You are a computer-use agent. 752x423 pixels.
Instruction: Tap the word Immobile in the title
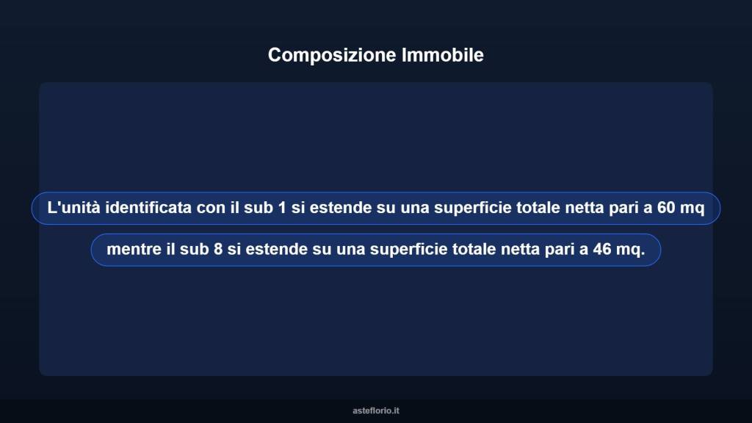(x=443, y=55)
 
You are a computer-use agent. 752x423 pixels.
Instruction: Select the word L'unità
(x=73, y=209)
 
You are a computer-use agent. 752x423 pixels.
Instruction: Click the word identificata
(x=148, y=209)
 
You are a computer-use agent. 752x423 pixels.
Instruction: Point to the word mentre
(x=133, y=250)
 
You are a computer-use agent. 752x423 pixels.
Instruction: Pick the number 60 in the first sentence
(x=666, y=209)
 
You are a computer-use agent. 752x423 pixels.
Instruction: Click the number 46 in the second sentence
(x=602, y=250)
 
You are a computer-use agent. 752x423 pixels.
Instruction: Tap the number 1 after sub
(x=282, y=209)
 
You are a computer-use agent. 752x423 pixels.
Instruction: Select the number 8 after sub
(x=218, y=250)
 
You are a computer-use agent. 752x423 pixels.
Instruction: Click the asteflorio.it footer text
(x=376, y=411)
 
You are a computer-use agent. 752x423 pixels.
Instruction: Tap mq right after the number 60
(x=692, y=209)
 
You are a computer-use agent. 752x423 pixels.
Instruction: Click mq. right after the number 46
(x=630, y=250)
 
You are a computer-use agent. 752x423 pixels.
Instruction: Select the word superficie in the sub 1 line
(x=470, y=209)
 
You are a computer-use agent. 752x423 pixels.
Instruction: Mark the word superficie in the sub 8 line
(x=406, y=250)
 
